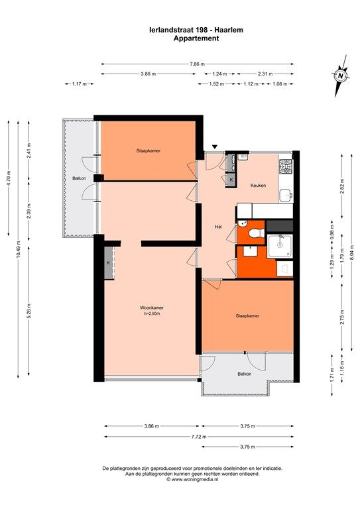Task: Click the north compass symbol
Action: [x=341, y=76]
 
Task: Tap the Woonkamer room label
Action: [x=152, y=308]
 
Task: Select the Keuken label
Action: [x=258, y=186]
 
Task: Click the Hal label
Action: [x=218, y=227]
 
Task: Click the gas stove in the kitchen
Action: [x=286, y=166]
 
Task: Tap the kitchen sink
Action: [x=286, y=196]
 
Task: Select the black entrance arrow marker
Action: [x=214, y=147]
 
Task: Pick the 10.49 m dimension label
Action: [x=19, y=249]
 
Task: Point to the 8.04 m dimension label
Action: [x=352, y=251]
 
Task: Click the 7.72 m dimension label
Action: [x=199, y=437]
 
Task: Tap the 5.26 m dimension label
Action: [x=29, y=310]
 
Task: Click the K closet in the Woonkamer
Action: [x=109, y=263]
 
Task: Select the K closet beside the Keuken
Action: [x=231, y=180]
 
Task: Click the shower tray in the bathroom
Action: [x=280, y=246]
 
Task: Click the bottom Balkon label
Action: [x=245, y=374]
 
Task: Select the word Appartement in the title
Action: [x=196, y=38]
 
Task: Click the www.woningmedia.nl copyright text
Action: [x=192, y=479]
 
